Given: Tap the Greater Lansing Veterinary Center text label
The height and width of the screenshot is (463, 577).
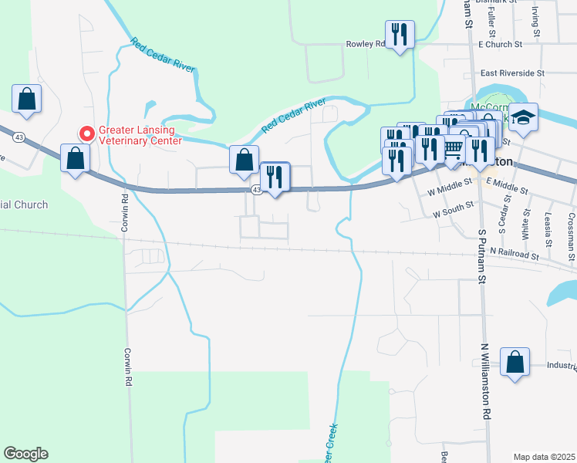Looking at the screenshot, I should [140, 134].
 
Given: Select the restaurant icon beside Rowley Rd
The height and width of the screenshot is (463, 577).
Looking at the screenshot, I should [399, 35].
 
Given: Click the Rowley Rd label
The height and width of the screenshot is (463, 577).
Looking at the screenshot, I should [365, 45].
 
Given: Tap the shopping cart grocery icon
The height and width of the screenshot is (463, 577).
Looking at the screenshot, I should [454, 147].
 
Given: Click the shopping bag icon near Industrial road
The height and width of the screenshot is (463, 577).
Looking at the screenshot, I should [515, 362].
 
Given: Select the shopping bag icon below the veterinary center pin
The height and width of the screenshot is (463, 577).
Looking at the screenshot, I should [76, 159].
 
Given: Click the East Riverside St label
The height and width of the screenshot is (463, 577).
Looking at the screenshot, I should [512, 73].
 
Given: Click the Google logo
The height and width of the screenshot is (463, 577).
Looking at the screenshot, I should [25, 454].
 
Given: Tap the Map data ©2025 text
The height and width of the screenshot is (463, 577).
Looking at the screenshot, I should [544, 457].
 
